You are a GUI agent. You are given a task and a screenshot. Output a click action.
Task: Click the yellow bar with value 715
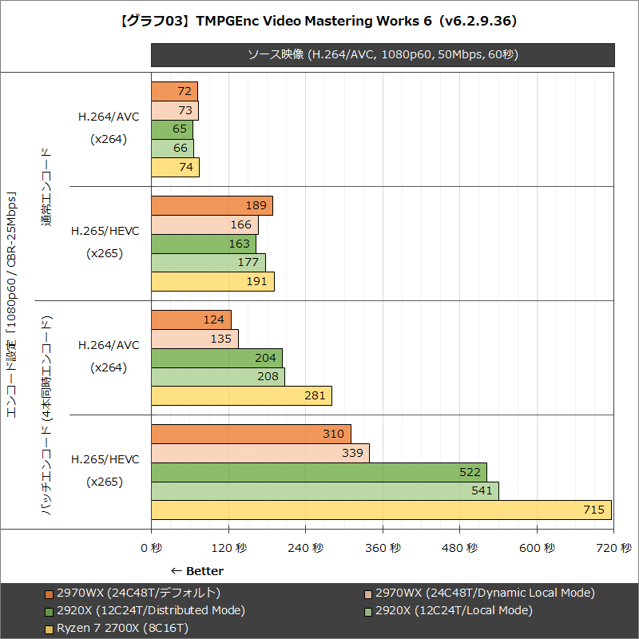click(381, 510)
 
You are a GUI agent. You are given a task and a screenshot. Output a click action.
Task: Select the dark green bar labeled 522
click(319, 472)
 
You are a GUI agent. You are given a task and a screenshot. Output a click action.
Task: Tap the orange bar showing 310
click(251, 434)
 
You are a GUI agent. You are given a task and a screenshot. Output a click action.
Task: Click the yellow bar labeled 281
click(241, 396)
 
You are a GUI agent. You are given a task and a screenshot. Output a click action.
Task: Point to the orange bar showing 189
click(212, 205)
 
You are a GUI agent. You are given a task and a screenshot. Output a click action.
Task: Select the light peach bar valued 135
click(195, 339)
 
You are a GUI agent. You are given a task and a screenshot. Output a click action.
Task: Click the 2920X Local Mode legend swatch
click(368, 610)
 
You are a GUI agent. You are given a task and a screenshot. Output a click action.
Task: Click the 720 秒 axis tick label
click(613, 548)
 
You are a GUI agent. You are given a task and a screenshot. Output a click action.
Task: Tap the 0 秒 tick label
click(151, 548)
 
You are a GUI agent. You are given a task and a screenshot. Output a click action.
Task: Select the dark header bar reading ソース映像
click(383, 54)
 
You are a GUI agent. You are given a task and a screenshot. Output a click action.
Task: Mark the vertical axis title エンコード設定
click(11, 304)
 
